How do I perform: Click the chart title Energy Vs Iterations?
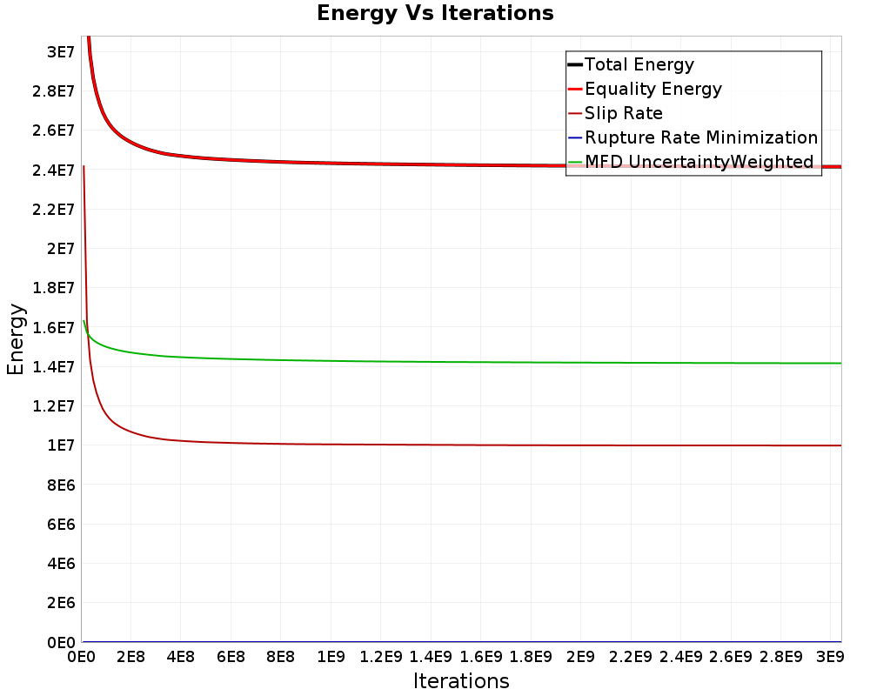point(435,13)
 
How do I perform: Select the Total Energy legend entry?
point(631,64)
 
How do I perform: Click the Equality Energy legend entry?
point(645,89)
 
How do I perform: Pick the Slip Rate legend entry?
point(615,113)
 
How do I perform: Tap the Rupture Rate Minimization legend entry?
point(693,137)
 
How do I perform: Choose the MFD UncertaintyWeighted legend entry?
point(690,162)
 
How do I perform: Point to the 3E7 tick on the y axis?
point(61,52)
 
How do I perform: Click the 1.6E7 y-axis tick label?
point(53,327)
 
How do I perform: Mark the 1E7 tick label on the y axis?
point(61,445)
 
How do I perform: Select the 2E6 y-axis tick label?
point(61,603)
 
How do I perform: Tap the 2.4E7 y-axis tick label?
point(53,170)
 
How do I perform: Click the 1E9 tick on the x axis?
point(331,657)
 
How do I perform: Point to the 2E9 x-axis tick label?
point(580,657)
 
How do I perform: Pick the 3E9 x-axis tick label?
point(830,657)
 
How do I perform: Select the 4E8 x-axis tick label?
point(181,657)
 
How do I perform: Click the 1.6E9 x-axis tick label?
point(480,657)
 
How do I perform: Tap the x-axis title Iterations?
point(461,681)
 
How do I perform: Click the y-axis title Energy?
point(16,339)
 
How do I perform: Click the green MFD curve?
point(462,362)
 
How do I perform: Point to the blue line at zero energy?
point(462,641)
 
